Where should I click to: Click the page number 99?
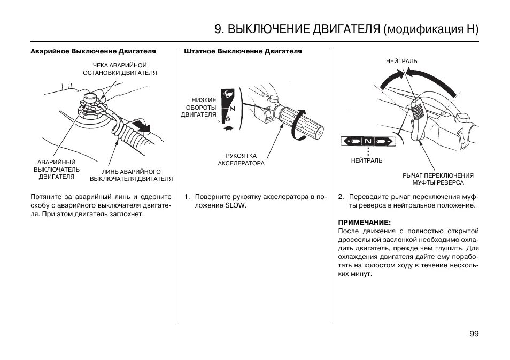(474, 334)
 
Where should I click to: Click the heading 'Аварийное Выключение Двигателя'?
(93, 52)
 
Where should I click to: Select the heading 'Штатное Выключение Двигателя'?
(243, 52)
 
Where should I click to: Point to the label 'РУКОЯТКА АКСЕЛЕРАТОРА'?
(241, 159)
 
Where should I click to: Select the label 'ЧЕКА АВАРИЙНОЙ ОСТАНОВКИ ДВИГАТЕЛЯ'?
(120, 69)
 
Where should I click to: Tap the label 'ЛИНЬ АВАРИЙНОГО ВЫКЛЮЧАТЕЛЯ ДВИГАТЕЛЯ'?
(132, 175)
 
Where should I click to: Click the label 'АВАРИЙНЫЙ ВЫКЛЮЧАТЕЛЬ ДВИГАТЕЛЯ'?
(57, 169)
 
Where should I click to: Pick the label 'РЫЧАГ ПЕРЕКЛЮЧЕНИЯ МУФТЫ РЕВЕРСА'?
(438, 179)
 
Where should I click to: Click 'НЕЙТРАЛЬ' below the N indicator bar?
(367, 160)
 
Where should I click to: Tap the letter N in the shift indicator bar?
(368, 141)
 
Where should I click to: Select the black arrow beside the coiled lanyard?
(142, 126)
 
